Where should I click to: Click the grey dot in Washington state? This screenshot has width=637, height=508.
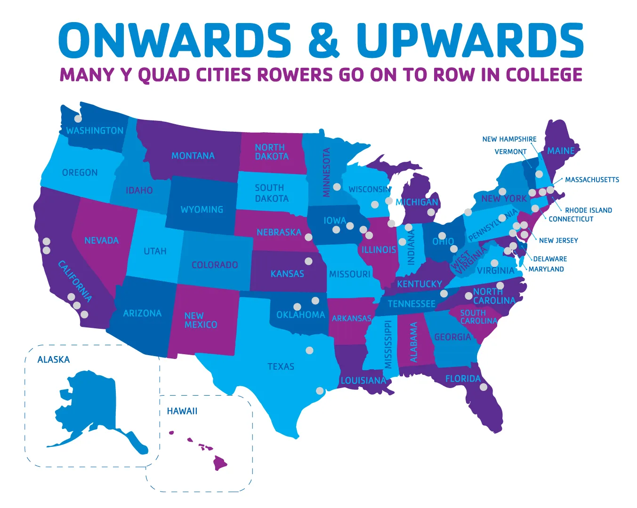point(78,119)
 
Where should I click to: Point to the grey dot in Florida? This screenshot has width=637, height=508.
point(484,387)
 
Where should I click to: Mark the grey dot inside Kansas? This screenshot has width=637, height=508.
point(308,261)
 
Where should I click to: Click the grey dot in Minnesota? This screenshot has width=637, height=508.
point(337,187)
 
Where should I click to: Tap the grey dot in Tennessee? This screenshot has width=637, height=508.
point(443,294)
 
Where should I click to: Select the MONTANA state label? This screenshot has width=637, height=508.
point(193,156)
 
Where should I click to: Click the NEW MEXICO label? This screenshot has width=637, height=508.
point(201,320)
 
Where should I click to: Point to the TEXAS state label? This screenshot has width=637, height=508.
point(281,366)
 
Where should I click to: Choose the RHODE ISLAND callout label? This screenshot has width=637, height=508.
point(589,210)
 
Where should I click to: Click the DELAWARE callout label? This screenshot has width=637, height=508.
point(550,259)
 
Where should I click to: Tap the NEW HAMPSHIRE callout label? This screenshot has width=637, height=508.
point(509,139)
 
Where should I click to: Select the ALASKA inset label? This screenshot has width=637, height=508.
point(54,360)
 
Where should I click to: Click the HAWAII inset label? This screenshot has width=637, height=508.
point(182,412)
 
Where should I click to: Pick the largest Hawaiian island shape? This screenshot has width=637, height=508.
point(220,462)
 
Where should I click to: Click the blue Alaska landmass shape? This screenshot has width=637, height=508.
point(94,405)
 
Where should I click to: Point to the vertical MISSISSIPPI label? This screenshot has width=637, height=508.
point(388,345)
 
